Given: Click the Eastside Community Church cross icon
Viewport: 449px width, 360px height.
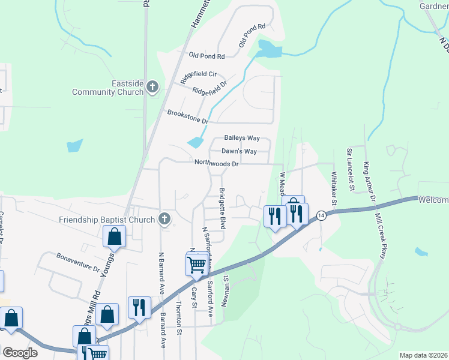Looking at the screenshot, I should click(x=152, y=88).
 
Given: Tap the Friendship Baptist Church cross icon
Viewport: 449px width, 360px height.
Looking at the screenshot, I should click(x=164, y=219).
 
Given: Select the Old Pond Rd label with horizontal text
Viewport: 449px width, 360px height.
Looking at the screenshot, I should click(x=206, y=56).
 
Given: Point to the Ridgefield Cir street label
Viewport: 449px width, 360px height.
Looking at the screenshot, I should click(x=198, y=74).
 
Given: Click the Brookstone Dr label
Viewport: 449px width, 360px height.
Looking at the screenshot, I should click(x=187, y=116).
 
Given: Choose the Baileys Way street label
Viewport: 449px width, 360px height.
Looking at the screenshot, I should click(x=242, y=138).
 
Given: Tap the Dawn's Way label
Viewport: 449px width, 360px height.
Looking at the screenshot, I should click(x=239, y=151).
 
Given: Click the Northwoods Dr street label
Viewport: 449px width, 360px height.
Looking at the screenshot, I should click(x=217, y=163).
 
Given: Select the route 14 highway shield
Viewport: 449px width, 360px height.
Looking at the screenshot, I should click(x=322, y=215).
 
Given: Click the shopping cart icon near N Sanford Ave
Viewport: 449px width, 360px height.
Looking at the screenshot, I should click(x=196, y=264).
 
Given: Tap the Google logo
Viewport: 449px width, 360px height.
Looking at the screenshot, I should click(x=20, y=353).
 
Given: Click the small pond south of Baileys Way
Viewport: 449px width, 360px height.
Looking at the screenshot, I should click(x=195, y=142).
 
